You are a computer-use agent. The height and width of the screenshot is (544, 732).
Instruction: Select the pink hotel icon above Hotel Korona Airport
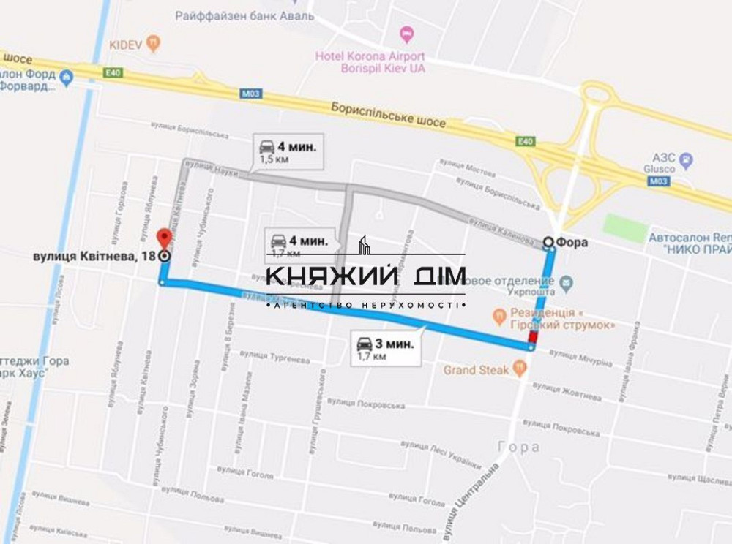click(x=407, y=34)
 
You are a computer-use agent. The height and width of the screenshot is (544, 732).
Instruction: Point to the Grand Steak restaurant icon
click(x=520, y=369)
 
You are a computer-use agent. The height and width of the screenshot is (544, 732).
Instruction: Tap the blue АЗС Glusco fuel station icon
click(x=686, y=159)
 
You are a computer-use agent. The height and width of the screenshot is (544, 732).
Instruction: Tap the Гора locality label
click(x=519, y=447)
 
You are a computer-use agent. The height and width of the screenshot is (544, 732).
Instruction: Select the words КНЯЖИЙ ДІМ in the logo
click(x=365, y=277)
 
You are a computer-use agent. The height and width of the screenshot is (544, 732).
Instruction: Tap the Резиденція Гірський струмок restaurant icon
click(x=499, y=317)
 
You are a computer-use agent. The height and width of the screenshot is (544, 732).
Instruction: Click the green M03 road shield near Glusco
click(x=657, y=181)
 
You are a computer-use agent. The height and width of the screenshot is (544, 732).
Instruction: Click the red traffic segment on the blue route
click(x=532, y=336)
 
